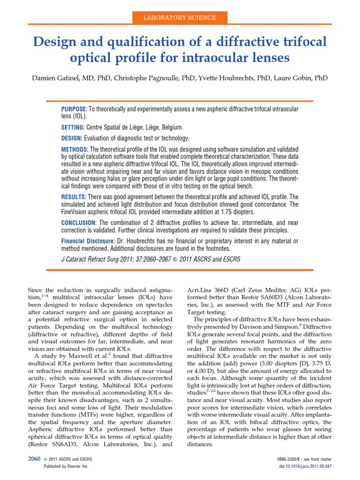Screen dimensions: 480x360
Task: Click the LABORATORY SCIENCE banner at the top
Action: tap(180, 18)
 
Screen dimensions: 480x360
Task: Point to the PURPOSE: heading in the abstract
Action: tap(74, 109)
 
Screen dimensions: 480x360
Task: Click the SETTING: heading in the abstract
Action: tap(73, 127)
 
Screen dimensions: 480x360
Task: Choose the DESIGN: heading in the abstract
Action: tap(72, 138)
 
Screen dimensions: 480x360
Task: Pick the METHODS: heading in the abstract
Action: tap(75, 150)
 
